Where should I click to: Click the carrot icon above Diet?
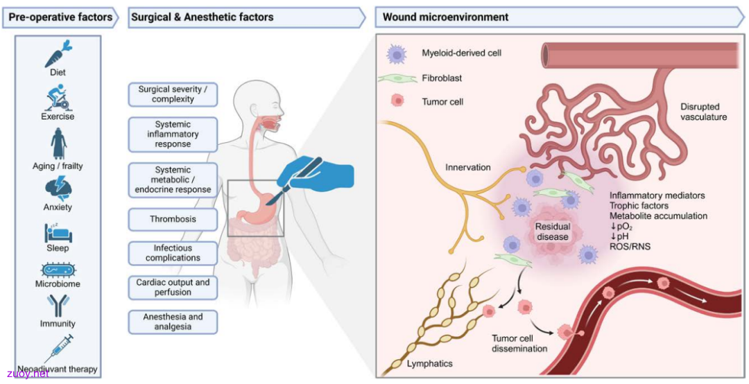click(x=58, y=54)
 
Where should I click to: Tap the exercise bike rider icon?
click(x=58, y=98)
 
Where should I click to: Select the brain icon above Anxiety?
click(x=58, y=189)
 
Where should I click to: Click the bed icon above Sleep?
click(x=58, y=232)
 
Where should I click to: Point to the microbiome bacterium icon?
click(x=58, y=270)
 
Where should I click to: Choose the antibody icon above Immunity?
click(x=58, y=306)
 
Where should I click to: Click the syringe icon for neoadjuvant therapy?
click(x=58, y=349)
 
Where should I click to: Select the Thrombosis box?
click(x=173, y=219)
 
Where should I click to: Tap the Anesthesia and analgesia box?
click(x=173, y=322)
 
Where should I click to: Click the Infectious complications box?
click(x=173, y=253)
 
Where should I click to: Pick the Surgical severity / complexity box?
click(x=173, y=94)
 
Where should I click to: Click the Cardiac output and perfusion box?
click(x=173, y=288)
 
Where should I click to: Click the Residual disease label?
click(x=552, y=232)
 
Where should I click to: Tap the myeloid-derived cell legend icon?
click(x=397, y=53)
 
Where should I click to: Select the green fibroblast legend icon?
click(x=397, y=78)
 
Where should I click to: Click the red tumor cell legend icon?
click(x=397, y=101)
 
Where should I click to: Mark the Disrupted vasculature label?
click(x=704, y=112)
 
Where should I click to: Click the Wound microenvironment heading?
click(x=445, y=17)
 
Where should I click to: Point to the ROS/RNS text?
click(x=630, y=247)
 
